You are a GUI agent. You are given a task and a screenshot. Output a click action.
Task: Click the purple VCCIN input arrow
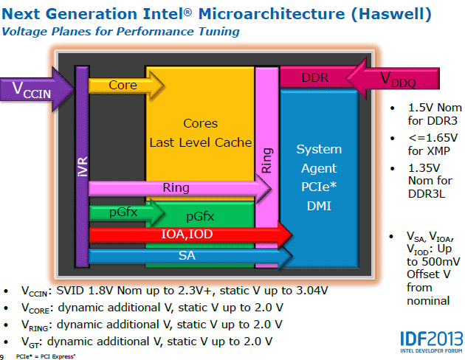tap(37, 89)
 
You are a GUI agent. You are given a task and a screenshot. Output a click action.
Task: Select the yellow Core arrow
tap(127, 86)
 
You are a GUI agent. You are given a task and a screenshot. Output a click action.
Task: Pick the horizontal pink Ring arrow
tap(180, 188)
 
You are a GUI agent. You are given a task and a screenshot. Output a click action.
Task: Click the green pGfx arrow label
tap(123, 212)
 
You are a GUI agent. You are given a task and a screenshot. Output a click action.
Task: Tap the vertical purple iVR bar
tap(82, 167)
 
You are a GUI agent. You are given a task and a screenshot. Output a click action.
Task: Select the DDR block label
tap(315, 77)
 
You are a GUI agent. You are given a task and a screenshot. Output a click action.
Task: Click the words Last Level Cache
tap(201, 142)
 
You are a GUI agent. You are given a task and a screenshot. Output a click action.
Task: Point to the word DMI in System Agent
tap(319, 206)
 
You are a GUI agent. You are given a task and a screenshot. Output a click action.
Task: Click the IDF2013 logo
tap(431, 342)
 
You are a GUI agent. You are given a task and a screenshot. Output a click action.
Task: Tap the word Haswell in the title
tap(391, 14)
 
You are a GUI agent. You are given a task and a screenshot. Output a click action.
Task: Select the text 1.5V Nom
tap(435, 108)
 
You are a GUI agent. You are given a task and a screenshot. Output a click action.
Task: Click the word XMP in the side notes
tap(437, 151)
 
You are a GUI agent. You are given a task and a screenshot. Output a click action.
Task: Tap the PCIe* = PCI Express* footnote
tap(46, 356)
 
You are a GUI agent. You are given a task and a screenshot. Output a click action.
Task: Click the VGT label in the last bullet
tap(30, 342)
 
